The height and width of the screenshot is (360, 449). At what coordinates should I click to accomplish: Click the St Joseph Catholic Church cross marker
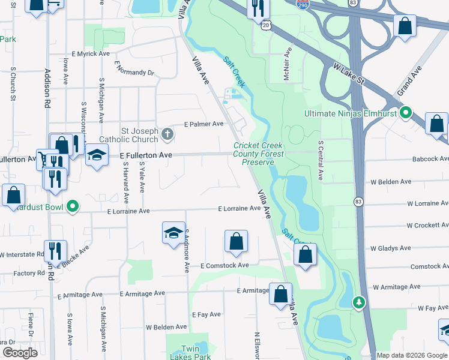point(167,133)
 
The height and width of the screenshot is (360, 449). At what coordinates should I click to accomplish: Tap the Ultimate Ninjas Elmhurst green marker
point(406,113)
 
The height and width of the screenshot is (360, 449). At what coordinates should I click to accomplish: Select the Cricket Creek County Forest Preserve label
point(258,154)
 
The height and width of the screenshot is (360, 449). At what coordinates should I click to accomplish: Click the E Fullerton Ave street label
point(146,155)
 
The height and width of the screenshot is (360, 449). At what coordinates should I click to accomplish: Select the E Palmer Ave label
point(203,124)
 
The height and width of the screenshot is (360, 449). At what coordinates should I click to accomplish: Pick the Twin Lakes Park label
point(198,352)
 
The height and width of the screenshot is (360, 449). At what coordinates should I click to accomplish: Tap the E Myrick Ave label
point(91,54)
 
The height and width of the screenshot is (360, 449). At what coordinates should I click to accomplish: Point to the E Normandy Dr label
point(134,68)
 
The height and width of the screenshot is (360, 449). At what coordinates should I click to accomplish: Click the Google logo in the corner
point(20,353)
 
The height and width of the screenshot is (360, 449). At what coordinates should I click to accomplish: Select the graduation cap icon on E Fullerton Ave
point(96,155)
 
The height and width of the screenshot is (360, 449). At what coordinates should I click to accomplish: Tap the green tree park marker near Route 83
point(358,301)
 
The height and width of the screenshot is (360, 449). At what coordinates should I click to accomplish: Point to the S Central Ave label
point(321,161)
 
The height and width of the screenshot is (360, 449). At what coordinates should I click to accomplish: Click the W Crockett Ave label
point(427,226)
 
